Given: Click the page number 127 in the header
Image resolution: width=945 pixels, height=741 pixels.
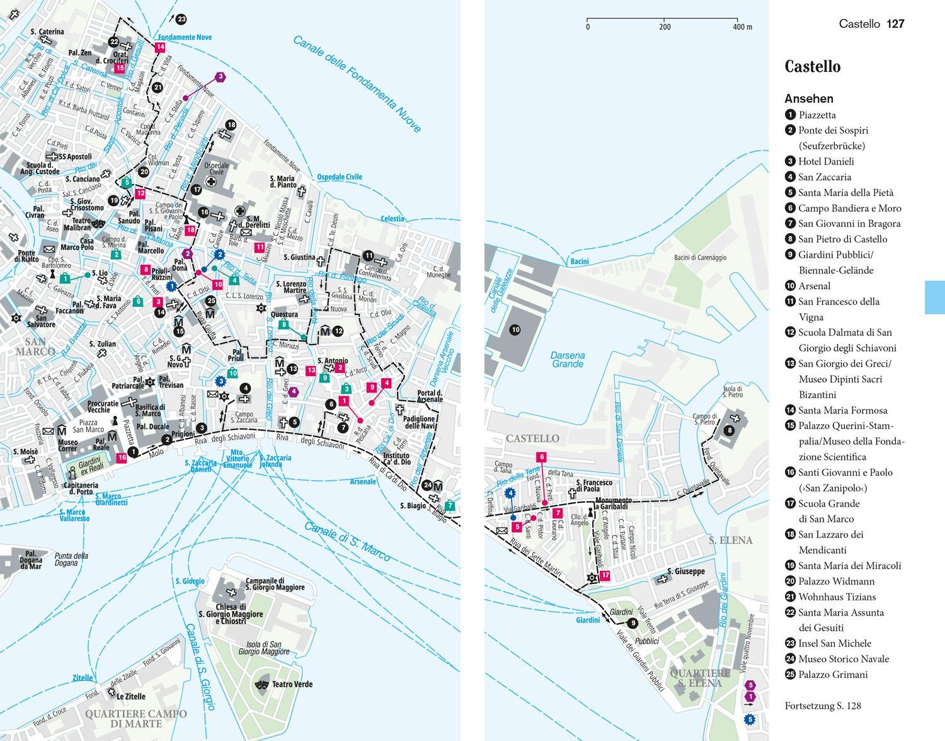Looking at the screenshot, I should pos(895,24).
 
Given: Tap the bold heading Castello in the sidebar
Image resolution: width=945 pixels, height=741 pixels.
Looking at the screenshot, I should pos(812,67).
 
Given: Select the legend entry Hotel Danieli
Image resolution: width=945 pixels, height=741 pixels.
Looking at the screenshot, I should pos(825,161).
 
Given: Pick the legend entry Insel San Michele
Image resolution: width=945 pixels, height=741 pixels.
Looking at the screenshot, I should pos(834,643).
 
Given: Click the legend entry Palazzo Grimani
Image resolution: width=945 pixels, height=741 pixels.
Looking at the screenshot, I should pos(832,674).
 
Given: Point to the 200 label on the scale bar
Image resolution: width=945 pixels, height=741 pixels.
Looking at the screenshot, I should pos(665,27).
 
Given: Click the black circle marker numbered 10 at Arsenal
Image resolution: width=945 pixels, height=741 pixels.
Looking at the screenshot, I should pos(515,330).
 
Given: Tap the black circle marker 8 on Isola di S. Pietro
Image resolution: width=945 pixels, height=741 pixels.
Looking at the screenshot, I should pos(729,430).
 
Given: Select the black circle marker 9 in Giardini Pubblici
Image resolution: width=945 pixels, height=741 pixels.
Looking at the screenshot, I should pos(632,624).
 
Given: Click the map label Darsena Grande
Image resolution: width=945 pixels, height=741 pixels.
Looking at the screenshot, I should pos(567,359).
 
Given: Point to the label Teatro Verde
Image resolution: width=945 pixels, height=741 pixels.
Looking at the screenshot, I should pos(293,684).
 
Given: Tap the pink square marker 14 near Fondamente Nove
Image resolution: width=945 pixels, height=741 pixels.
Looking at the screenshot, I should pos(160,47).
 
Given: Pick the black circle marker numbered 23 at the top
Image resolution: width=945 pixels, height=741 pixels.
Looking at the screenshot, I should pos(181,20).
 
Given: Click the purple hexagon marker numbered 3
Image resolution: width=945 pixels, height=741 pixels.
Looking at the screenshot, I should pos(220,77).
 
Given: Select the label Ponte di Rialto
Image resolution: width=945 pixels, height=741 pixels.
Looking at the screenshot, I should pos(26,257).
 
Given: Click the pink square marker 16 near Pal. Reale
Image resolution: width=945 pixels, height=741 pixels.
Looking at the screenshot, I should pos(121,458).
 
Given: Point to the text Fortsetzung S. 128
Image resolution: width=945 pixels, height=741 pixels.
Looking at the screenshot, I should pos(822,706).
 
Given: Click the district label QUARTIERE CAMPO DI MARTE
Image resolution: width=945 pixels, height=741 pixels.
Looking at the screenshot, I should pos(135,718).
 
